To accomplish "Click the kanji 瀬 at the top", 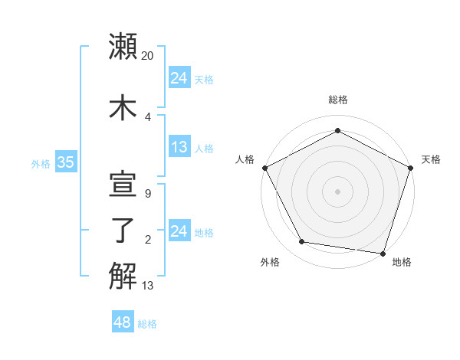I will [123, 47].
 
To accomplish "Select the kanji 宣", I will [123, 184].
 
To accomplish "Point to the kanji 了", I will [123, 231].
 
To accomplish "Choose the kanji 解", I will [123, 277].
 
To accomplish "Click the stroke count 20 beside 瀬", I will [148, 56].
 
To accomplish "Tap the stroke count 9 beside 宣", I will [147, 194].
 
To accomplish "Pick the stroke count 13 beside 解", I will [148, 286].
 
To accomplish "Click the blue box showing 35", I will [65, 162].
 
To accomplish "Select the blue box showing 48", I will [122, 322].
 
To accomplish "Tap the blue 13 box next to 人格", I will [179, 147].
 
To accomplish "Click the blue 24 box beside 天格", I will [179, 78].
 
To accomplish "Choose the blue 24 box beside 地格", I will [179, 231].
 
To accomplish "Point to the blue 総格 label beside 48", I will [147, 324].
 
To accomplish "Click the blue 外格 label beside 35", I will [41, 163].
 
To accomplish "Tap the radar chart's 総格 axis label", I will [337, 100].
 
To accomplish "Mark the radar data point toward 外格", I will [301, 242].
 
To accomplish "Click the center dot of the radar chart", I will [337, 191].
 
